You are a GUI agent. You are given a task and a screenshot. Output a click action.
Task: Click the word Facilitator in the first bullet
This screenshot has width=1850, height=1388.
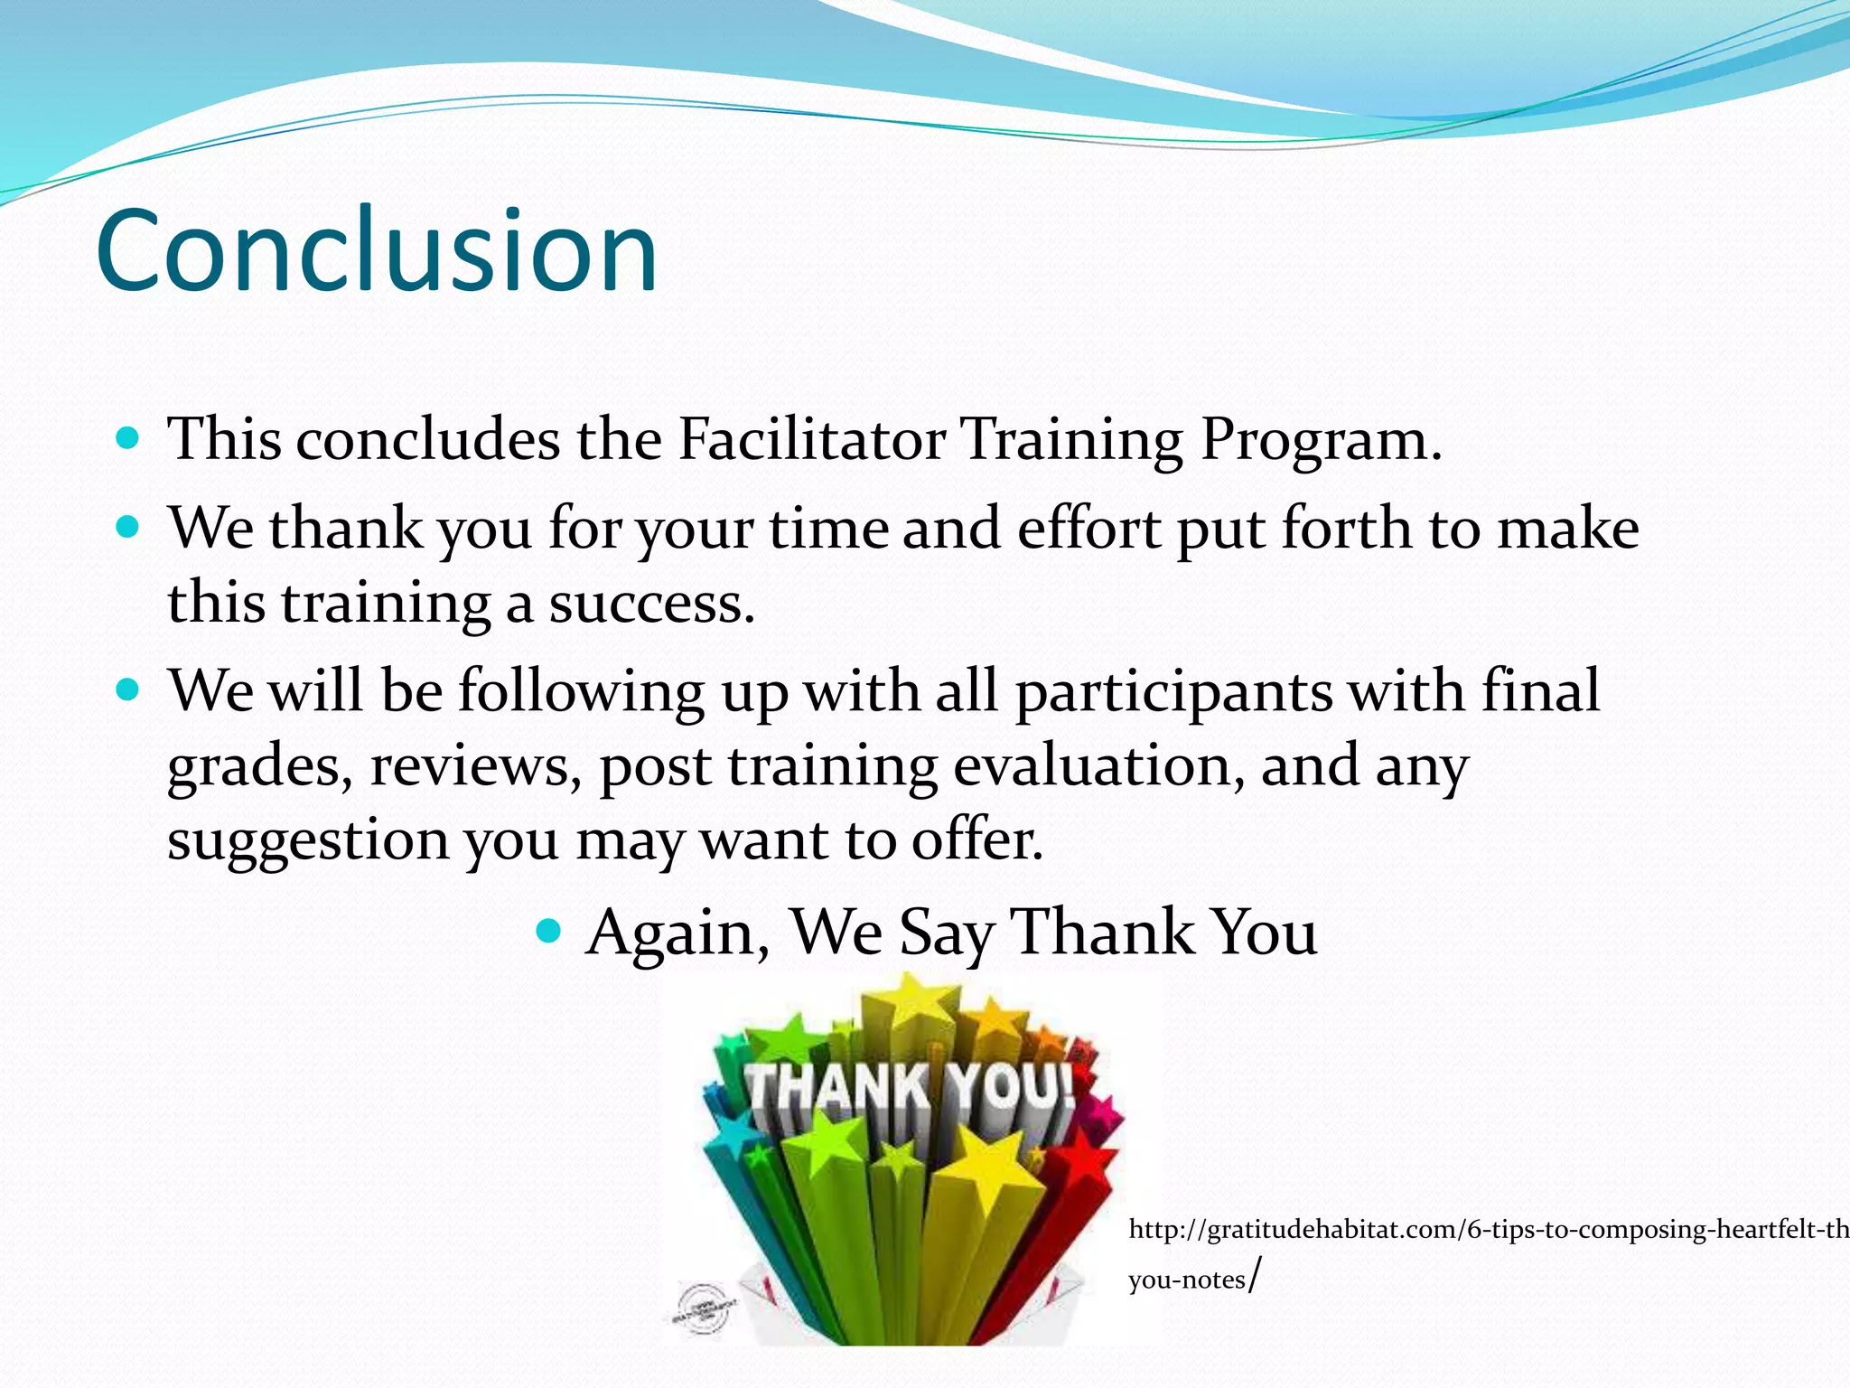(x=811, y=440)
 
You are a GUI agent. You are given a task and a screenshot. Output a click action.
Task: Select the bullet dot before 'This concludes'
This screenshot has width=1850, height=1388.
(x=128, y=439)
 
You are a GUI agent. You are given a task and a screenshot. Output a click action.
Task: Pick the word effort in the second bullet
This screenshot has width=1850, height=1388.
(x=1088, y=529)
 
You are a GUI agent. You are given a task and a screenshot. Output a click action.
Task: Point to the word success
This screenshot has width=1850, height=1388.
(x=650, y=604)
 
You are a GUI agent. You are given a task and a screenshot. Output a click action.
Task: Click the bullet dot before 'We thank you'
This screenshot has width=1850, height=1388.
(x=128, y=527)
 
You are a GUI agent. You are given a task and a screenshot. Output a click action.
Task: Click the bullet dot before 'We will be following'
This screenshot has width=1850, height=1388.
(x=128, y=690)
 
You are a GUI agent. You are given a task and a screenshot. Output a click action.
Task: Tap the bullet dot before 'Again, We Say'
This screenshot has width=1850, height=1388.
(x=548, y=930)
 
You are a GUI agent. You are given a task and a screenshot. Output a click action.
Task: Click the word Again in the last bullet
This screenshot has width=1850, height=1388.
(x=676, y=933)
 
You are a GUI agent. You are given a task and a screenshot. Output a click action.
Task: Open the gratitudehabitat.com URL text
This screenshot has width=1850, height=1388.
(x=1481, y=1230)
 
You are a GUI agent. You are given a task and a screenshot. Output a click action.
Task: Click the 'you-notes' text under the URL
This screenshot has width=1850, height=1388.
(x=1186, y=1280)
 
